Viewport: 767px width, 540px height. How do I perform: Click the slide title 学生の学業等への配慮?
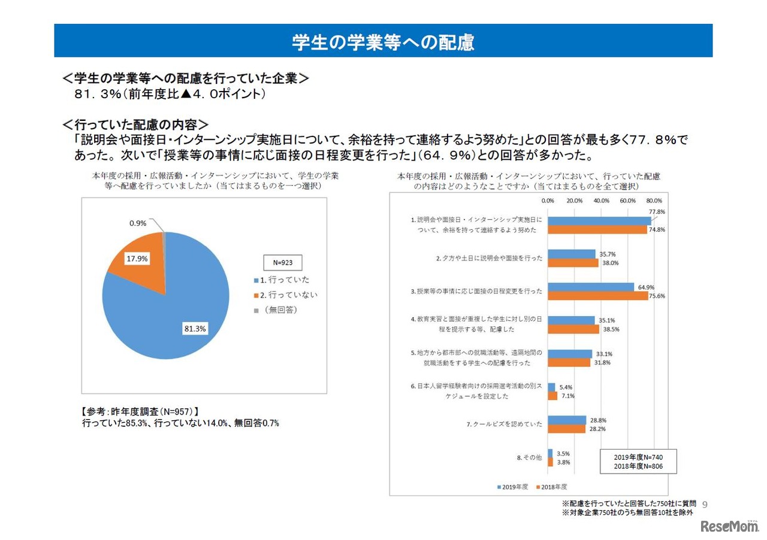pos(383,42)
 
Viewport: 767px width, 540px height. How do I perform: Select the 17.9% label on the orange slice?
pos(137,259)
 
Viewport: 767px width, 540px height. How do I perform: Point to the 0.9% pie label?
pos(139,223)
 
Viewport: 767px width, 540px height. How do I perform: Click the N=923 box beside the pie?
pos(283,262)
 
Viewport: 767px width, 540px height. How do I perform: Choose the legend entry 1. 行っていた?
pos(282,280)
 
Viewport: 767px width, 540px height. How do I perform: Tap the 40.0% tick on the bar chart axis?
pos(601,201)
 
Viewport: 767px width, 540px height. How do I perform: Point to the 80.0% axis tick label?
pos(654,201)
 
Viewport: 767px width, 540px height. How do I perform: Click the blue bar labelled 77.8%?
pos(599,221)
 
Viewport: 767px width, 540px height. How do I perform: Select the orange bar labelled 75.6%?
pos(598,295)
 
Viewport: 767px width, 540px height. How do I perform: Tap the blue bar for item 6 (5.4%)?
pos(551,387)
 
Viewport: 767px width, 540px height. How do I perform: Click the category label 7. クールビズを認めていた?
pos(505,424)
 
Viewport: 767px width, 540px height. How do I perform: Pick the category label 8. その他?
pos(530,457)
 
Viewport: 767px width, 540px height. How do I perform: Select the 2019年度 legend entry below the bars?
pos(512,487)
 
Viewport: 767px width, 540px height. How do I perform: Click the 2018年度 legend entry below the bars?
pos(551,487)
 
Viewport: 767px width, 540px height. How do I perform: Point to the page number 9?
pos(704,504)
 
